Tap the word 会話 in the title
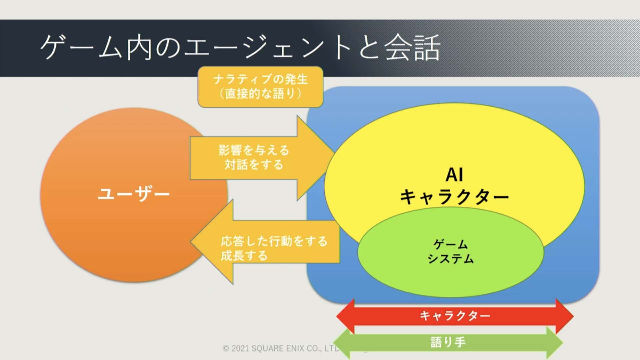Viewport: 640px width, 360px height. (413, 48)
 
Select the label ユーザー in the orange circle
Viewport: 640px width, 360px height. (134, 194)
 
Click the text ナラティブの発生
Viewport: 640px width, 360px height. (260, 79)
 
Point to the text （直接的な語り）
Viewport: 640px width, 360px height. (260, 94)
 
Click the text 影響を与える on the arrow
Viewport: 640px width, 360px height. (254, 150)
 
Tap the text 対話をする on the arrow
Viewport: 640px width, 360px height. (254, 165)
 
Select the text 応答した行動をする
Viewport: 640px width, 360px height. (274, 241)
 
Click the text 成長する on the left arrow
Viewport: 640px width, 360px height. (244, 256)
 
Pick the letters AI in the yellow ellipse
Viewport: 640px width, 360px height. (454, 175)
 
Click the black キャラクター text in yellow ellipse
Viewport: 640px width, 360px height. (454, 197)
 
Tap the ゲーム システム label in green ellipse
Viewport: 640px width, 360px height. (450, 252)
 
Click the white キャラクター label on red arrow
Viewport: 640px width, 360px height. (455, 315)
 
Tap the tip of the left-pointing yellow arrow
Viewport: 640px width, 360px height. (191, 242)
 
